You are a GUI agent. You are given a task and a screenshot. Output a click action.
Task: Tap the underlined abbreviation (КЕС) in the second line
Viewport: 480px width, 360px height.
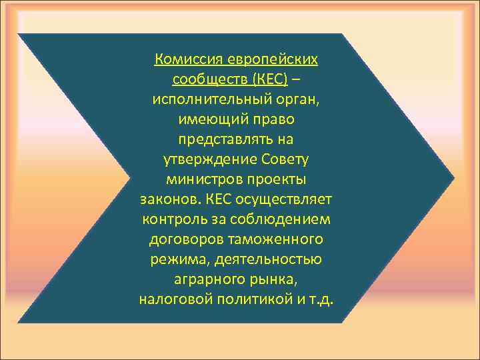pos(271,80)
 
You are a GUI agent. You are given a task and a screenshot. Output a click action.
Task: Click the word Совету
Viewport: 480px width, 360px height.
pos(281,160)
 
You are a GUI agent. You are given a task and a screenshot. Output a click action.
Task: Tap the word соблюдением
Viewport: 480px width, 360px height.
pos(280,219)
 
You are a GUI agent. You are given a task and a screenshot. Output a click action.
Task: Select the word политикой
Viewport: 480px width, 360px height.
pos(254,298)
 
